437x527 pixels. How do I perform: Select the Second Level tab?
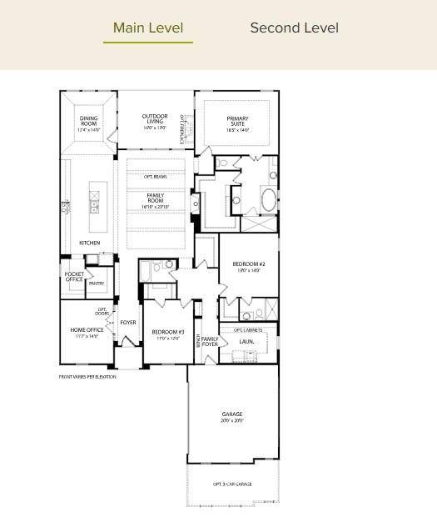(x=294, y=28)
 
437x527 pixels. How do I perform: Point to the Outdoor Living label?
(x=154, y=121)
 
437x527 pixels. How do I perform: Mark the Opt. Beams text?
(x=155, y=177)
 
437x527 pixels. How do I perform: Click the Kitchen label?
(x=89, y=243)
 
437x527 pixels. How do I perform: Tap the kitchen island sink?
(x=94, y=202)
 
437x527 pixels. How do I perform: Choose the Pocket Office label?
(x=74, y=276)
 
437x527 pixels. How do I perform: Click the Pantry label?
(x=97, y=284)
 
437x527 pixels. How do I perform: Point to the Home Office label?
(x=87, y=333)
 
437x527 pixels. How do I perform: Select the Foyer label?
(x=128, y=322)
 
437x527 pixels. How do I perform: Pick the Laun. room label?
(x=246, y=341)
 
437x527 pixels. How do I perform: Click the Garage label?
(x=232, y=416)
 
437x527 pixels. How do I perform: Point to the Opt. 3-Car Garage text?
(x=232, y=484)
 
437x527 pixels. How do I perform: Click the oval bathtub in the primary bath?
(x=269, y=200)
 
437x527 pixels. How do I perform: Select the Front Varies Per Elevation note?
(x=87, y=377)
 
